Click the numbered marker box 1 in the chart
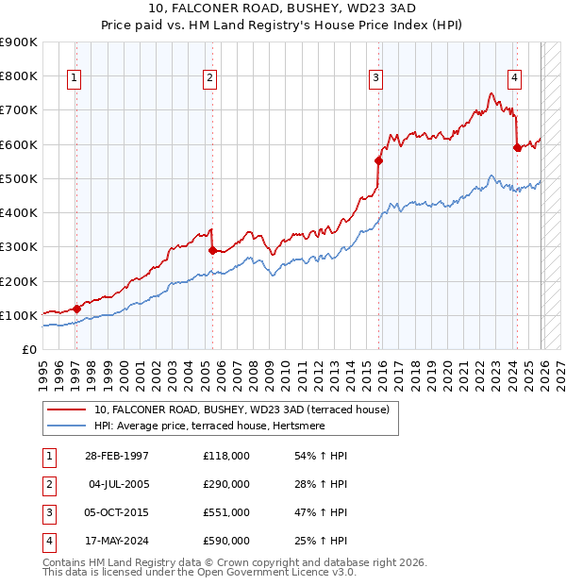tap(75, 78)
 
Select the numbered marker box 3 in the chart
tap(375, 78)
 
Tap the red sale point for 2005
tap(212, 250)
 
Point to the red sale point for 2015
tap(379, 160)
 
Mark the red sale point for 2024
tap(517, 147)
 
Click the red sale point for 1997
tap(76, 309)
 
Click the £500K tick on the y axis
tap(19, 178)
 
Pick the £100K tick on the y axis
tap(19, 315)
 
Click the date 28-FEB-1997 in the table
tap(116, 456)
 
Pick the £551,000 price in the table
tap(226, 512)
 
